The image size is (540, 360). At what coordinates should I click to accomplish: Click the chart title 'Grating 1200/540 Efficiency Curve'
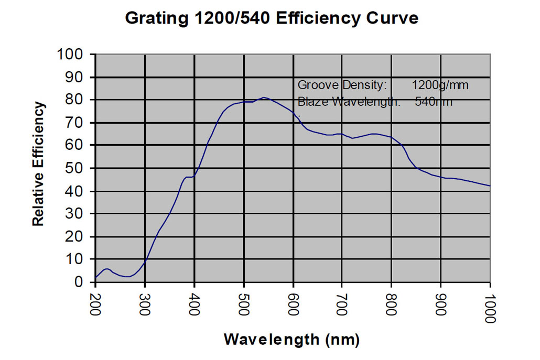[x=272, y=18]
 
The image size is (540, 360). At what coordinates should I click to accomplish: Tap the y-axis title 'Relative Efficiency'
[x=38, y=165]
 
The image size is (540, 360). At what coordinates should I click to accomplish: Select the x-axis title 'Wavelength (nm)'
[x=291, y=339]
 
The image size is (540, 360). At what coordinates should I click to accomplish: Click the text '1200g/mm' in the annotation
[x=440, y=85]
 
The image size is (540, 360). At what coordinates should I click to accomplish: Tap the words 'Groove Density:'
[x=342, y=85]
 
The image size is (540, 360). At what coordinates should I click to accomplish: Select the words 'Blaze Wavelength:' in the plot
[x=349, y=102]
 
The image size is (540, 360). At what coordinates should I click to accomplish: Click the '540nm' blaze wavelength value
[x=434, y=102]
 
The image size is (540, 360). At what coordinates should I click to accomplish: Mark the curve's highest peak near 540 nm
[x=264, y=97]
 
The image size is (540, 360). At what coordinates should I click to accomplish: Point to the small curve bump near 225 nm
[x=107, y=269]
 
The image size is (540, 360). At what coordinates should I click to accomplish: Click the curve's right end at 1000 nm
[x=490, y=186]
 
